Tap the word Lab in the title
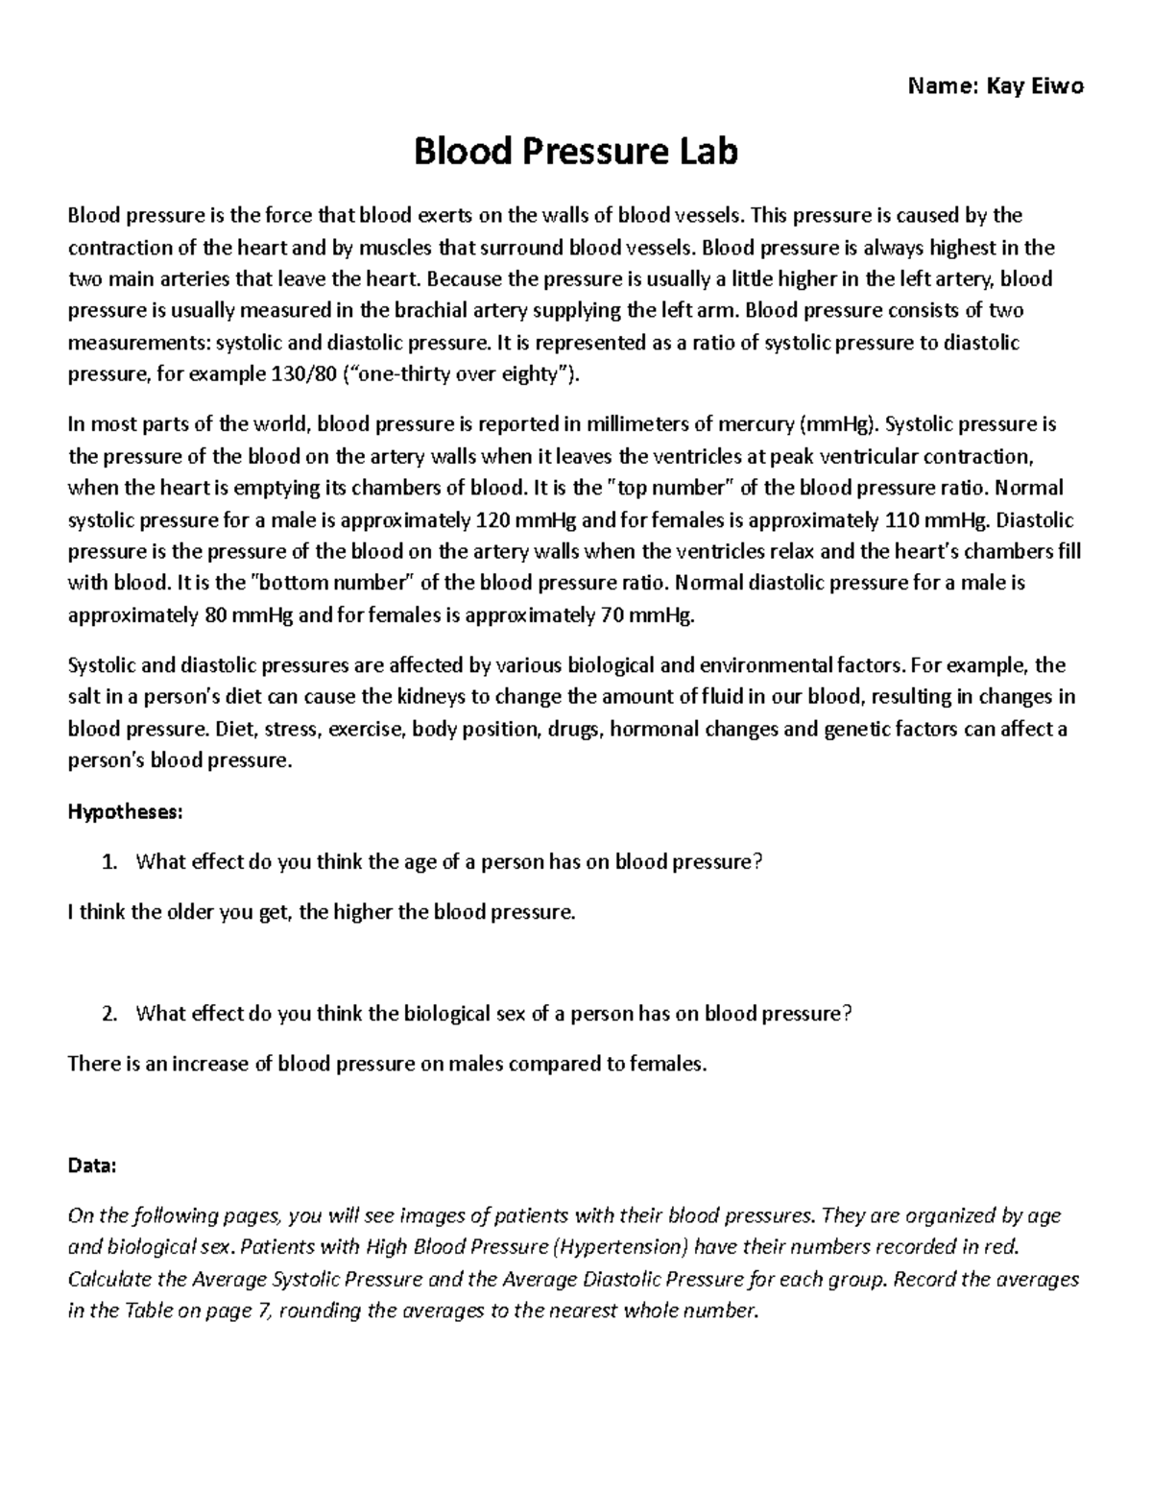click(x=706, y=151)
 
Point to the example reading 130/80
click(x=299, y=373)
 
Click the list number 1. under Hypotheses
click(x=109, y=861)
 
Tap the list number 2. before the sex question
click(x=109, y=1013)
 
